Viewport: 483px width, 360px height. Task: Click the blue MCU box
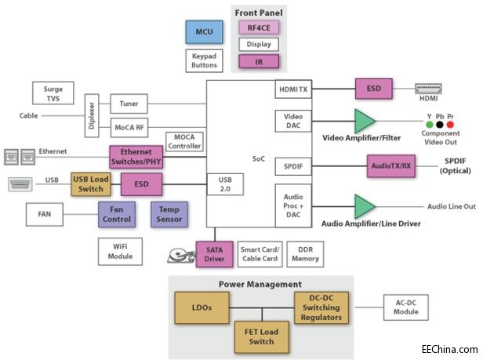click(x=205, y=31)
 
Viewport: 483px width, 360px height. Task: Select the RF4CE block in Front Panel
click(x=259, y=28)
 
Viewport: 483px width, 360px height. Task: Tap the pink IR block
click(x=259, y=60)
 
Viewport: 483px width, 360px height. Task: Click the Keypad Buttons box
click(x=205, y=60)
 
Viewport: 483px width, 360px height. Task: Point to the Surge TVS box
click(x=53, y=94)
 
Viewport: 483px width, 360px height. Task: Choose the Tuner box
click(x=129, y=103)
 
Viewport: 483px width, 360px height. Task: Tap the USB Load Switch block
click(x=91, y=183)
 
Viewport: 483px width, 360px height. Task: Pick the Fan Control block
click(x=116, y=213)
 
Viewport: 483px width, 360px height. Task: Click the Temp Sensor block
click(x=169, y=213)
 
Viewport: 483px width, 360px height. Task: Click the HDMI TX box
click(x=293, y=90)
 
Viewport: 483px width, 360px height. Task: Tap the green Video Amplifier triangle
click(x=364, y=121)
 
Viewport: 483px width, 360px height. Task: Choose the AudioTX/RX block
click(x=390, y=165)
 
